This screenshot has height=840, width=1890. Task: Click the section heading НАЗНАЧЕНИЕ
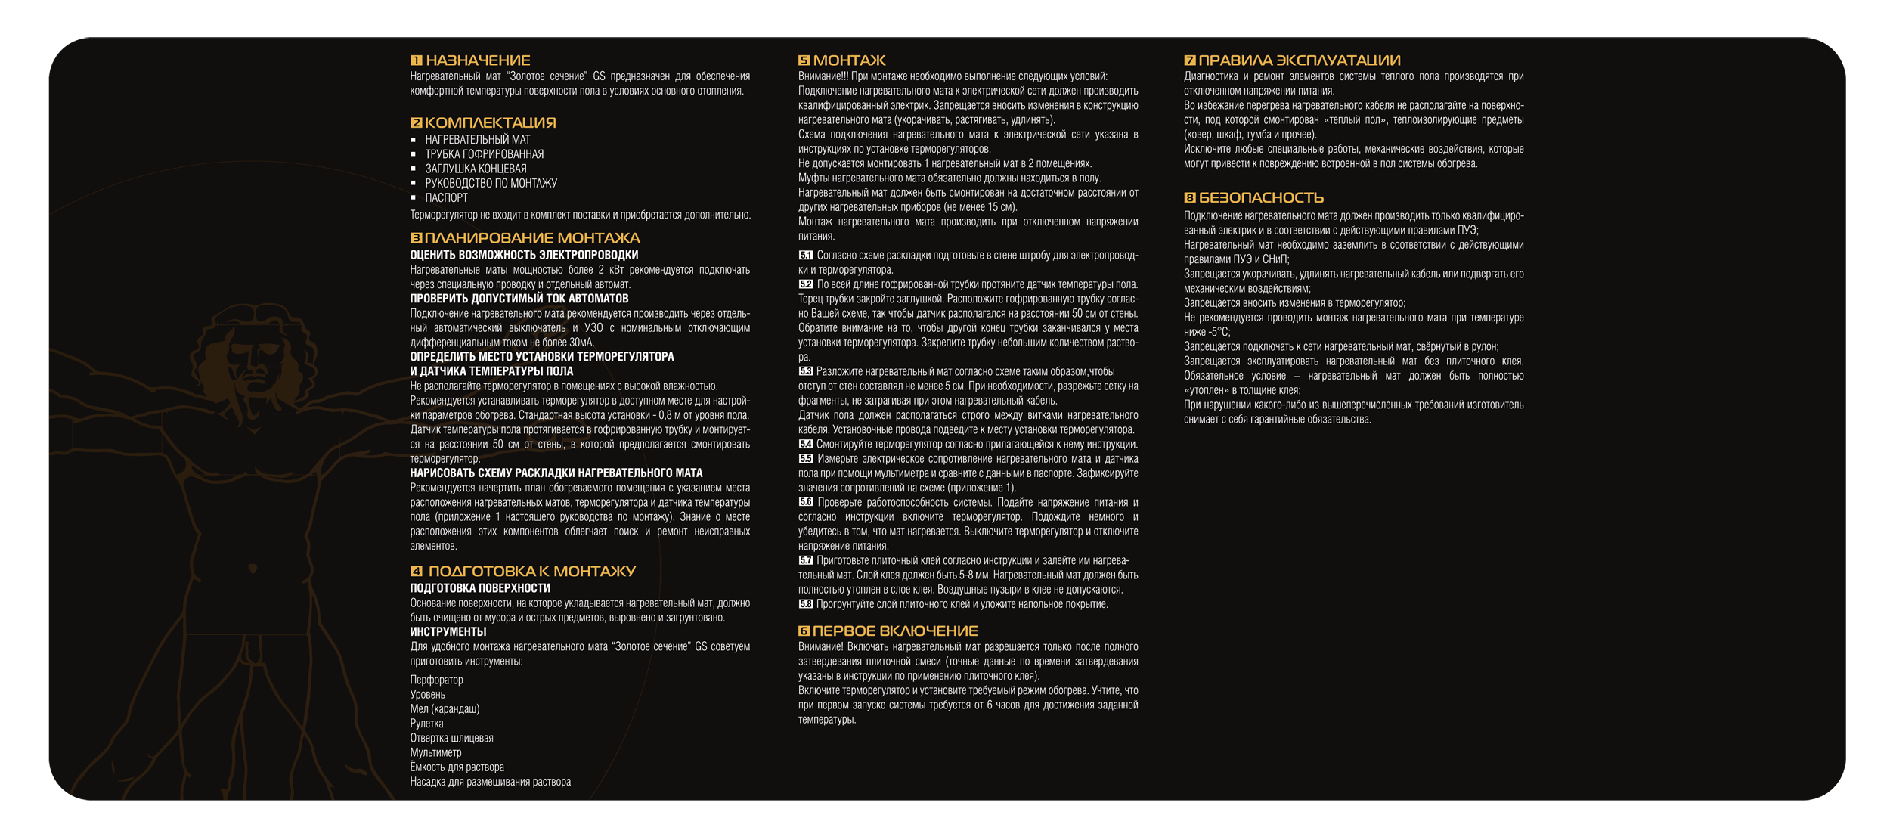[478, 60]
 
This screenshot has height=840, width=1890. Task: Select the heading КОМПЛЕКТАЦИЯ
[490, 122]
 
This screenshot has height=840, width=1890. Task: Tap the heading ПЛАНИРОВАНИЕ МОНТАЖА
[532, 238]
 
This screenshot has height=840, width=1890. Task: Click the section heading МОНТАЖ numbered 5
[849, 60]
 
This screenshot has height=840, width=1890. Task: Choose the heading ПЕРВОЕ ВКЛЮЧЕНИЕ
[895, 631]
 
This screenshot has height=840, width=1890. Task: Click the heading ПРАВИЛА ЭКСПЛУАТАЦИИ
[1300, 60]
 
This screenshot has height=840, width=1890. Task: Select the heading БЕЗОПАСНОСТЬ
[1261, 198]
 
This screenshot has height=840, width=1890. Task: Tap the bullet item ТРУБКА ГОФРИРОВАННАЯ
[484, 154]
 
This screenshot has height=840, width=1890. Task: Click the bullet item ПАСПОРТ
[446, 198]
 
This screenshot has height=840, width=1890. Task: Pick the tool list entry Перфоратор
[436, 680]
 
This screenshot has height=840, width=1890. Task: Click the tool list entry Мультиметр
[435, 753]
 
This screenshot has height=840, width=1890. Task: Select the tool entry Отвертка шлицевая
[451, 739]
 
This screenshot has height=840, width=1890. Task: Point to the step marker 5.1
[806, 256]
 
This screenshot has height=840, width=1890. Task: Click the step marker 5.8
[806, 605]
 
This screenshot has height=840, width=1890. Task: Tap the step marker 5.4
[806, 445]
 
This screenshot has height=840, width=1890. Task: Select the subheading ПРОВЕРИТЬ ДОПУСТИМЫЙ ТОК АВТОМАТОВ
[519, 299]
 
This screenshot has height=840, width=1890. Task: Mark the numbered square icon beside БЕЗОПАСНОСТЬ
[1190, 198]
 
